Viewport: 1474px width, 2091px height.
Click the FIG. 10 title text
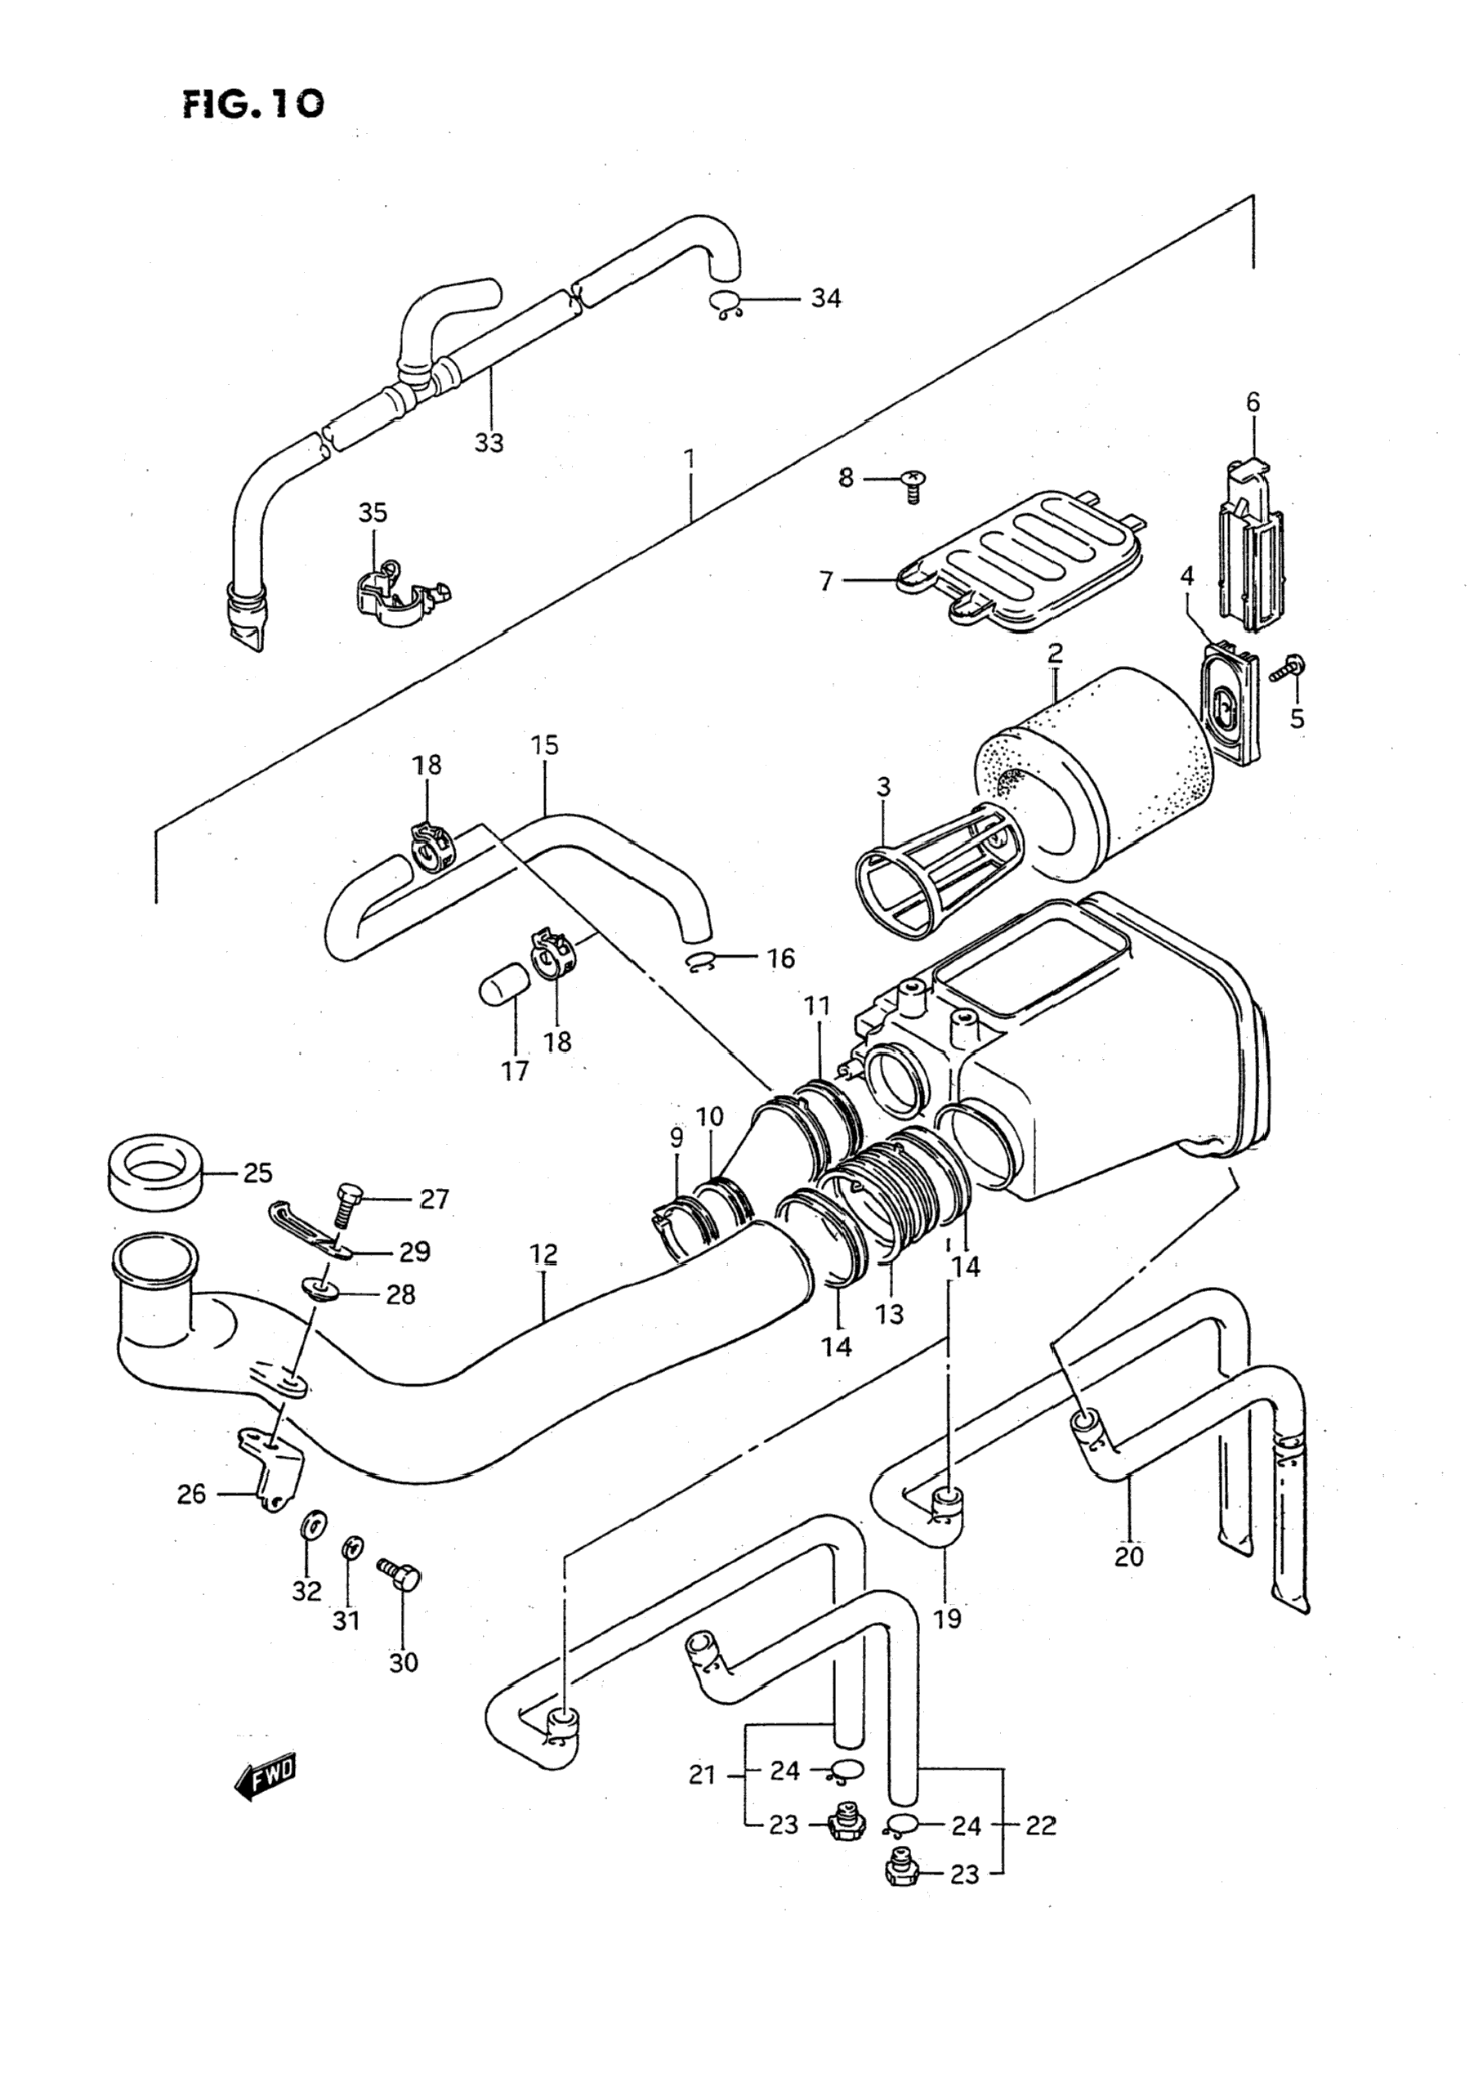[253, 105]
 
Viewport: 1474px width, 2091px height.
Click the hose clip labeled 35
[399, 593]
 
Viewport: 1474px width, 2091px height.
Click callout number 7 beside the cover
[826, 580]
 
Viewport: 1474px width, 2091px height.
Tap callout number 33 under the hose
[489, 443]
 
